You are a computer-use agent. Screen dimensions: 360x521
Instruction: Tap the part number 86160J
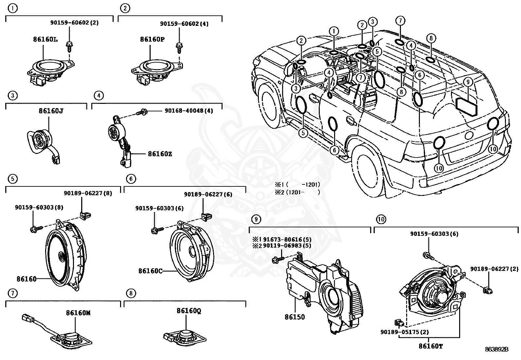pyautogui.click(x=51, y=111)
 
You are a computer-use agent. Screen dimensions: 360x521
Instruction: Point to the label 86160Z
pyautogui.click(x=160, y=154)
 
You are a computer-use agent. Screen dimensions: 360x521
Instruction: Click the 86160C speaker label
pyautogui.click(x=150, y=271)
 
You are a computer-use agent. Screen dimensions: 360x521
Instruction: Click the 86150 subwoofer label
pyautogui.click(x=294, y=317)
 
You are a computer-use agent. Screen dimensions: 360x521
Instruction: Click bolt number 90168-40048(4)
pyautogui.click(x=189, y=111)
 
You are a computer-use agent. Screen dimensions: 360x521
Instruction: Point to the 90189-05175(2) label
pyautogui.click(x=404, y=332)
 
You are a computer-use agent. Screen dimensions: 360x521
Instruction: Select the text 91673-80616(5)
pyautogui.click(x=287, y=239)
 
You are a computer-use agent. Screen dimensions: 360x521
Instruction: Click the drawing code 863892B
pyautogui.click(x=496, y=350)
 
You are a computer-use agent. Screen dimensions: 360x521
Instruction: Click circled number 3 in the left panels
pyautogui.click(x=12, y=96)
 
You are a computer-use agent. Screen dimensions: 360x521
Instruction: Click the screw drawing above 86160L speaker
pyautogui.click(x=69, y=46)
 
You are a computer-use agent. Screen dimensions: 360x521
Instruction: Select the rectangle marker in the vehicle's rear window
pyautogui.click(x=466, y=106)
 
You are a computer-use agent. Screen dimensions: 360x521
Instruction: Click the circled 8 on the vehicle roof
pyautogui.click(x=431, y=38)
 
